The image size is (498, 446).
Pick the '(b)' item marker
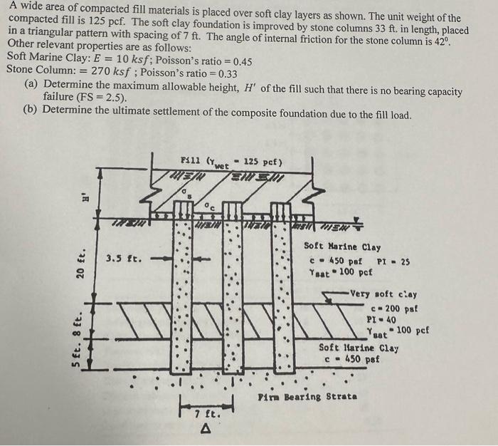[31, 110]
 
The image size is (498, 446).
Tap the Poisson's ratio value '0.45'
[238, 61]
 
